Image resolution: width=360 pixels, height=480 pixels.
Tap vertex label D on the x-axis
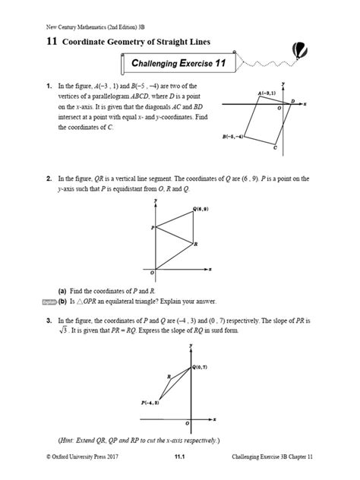[x=293, y=100]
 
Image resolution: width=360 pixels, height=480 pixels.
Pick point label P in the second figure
[x=152, y=227]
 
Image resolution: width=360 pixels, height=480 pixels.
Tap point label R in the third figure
[x=168, y=376]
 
